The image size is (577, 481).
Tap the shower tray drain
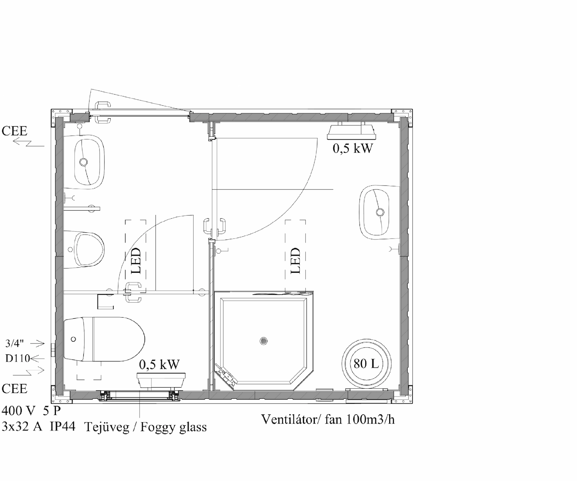point(264,341)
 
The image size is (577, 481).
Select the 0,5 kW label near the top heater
point(352,148)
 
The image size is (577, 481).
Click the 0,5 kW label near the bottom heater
point(159,364)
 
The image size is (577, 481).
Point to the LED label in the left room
point(136,261)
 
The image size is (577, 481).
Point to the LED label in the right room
point(295,261)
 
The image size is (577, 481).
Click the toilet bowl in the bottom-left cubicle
point(105,339)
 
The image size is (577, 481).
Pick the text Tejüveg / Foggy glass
point(146,427)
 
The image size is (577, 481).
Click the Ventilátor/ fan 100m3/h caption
point(328,419)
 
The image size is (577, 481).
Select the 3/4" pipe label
point(14,343)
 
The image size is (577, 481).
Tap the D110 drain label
point(17,358)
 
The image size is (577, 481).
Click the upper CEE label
point(14,131)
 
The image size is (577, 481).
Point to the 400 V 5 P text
point(31,411)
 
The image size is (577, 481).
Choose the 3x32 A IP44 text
point(39,427)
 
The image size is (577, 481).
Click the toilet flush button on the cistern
point(74,339)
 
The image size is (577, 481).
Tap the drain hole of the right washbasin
point(380,212)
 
